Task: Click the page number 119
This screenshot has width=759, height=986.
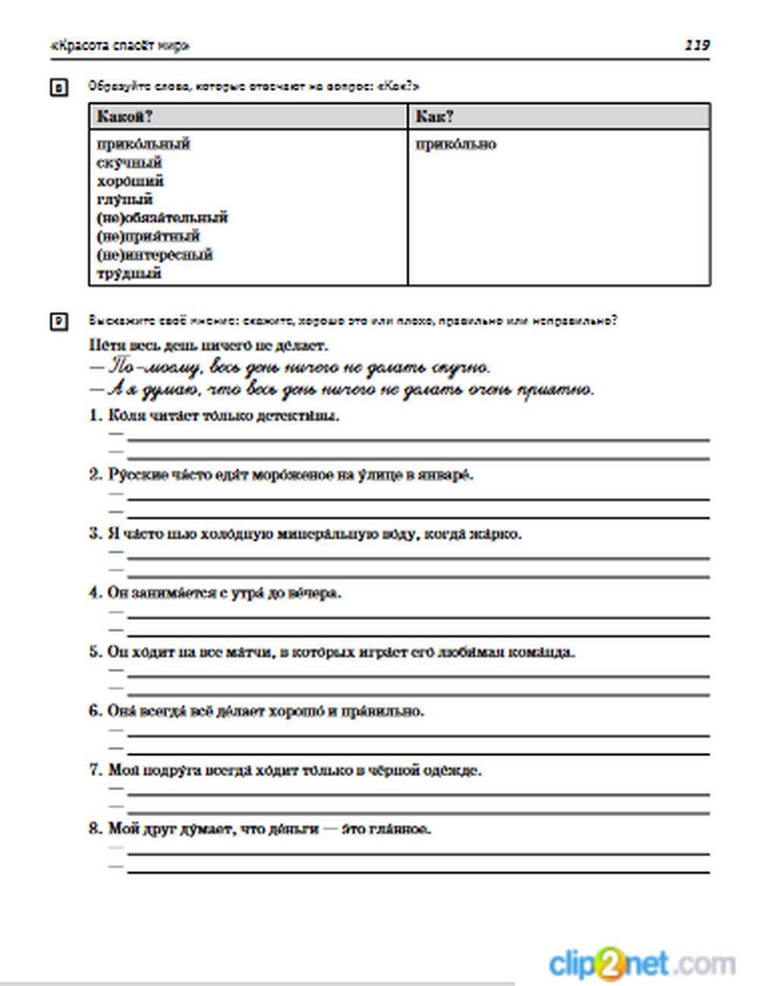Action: (696, 46)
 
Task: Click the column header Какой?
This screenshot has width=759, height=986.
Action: (125, 117)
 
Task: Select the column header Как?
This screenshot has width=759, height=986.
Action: (435, 117)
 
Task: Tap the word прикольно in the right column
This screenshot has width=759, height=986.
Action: (455, 144)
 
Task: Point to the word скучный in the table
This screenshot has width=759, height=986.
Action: (129, 162)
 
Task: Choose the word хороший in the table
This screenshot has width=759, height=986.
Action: (130, 181)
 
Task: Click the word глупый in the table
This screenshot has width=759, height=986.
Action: (124, 199)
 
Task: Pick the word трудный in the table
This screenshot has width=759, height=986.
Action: (129, 273)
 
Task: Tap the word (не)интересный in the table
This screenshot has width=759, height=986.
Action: (154, 255)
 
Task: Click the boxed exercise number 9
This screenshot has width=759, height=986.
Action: (59, 322)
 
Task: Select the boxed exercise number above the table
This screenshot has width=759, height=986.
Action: (59, 88)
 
